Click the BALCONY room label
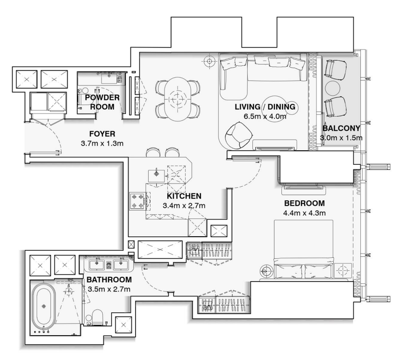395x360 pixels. [341, 128]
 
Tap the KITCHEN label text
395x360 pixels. [184, 196]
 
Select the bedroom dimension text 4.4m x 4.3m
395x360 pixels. [304, 213]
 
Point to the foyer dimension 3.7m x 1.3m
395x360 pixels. [102, 143]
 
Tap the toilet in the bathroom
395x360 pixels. [97, 317]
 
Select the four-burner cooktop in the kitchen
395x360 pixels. [137, 201]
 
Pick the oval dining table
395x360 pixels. [178, 98]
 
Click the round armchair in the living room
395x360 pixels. [238, 135]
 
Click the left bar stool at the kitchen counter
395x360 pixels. [153, 152]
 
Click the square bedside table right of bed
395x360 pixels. [343, 270]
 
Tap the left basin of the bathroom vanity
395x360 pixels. [96, 265]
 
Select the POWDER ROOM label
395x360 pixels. [102, 102]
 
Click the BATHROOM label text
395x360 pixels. [109, 280]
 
